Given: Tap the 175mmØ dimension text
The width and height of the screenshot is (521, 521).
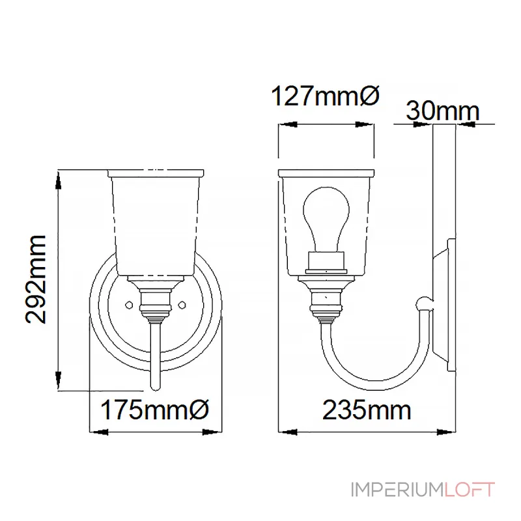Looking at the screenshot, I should (154, 410).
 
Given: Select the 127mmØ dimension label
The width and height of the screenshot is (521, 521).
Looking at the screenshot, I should (324, 98).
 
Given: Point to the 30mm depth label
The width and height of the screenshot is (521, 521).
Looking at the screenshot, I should (444, 111).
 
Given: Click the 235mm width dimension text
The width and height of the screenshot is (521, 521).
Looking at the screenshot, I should (366, 410).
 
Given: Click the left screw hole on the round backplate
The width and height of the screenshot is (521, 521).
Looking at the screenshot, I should (128, 303).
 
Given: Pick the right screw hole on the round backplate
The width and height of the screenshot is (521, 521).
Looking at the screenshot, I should (182, 303).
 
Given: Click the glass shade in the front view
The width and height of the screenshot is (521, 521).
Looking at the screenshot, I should (155, 221).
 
